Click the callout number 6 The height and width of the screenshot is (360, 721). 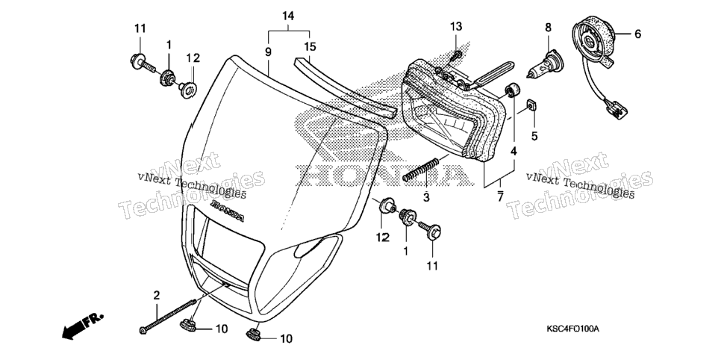click(x=637, y=34)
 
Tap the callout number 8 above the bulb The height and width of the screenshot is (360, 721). click(x=548, y=28)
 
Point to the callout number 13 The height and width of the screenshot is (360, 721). click(x=455, y=27)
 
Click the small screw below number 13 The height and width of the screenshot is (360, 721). click(x=457, y=56)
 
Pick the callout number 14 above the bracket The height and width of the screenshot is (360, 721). click(x=288, y=16)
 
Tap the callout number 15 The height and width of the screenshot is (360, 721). click(x=310, y=46)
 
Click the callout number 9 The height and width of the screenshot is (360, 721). click(x=268, y=52)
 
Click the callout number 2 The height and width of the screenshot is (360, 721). click(x=156, y=295)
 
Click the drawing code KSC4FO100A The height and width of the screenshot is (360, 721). click(x=573, y=329)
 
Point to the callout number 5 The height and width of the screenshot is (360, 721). click(x=534, y=136)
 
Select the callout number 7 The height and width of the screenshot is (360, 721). click(x=500, y=196)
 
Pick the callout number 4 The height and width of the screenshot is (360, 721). click(x=514, y=151)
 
